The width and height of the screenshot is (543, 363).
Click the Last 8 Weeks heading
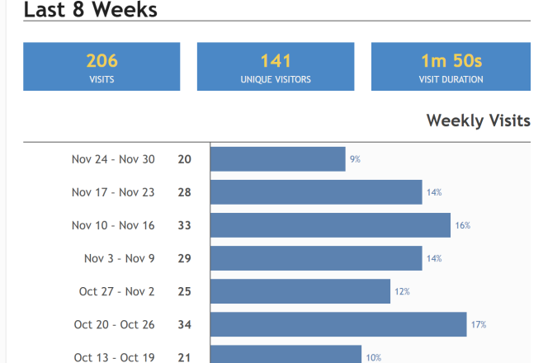click(x=91, y=10)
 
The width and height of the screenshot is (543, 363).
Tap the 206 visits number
click(x=102, y=60)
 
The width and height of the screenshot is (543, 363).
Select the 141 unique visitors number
click(x=276, y=60)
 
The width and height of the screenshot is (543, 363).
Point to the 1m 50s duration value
click(x=451, y=60)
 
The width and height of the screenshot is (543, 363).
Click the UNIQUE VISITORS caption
click(x=276, y=80)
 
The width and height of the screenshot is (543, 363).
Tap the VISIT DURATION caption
click(x=451, y=80)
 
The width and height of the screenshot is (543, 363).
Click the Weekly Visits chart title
click(x=478, y=121)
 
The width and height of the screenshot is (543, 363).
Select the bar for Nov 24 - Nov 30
click(x=277, y=159)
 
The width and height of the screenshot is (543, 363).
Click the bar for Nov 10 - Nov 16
click(x=330, y=225)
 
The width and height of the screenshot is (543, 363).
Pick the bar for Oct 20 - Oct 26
click(x=338, y=324)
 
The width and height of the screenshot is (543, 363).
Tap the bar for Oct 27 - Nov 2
click(x=300, y=291)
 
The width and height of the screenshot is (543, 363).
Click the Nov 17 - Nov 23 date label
click(x=113, y=192)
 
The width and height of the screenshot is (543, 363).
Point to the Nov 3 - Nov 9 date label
click(x=119, y=258)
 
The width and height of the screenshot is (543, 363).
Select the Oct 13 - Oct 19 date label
click(x=114, y=357)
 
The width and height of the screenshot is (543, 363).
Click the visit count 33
click(x=184, y=225)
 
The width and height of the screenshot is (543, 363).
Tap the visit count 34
click(x=184, y=324)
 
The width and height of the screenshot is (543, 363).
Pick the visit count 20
click(x=184, y=159)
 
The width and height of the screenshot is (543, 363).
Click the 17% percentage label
click(x=479, y=324)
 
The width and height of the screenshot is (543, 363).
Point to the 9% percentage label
click(x=355, y=159)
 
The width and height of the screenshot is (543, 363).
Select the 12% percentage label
click(x=402, y=291)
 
